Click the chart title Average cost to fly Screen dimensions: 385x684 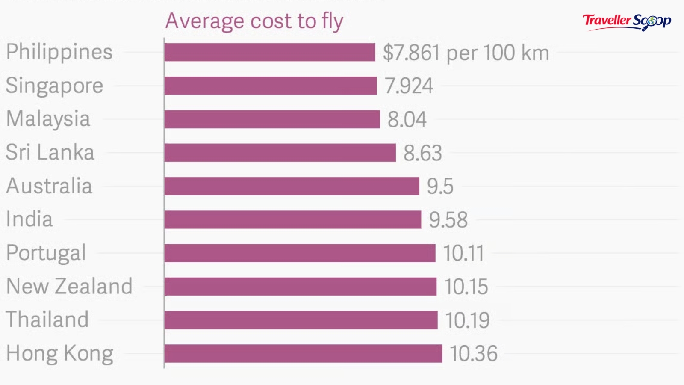(254, 21)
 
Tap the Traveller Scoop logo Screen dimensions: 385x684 (627, 21)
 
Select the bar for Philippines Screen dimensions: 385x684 (270, 52)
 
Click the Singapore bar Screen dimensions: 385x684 (271, 86)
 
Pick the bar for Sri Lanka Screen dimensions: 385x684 (280, 153)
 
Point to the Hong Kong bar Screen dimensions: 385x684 (303, 354)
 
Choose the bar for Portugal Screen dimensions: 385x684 (300, 253)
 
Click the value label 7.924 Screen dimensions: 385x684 (409, 86)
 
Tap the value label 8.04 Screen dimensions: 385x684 (407, 119)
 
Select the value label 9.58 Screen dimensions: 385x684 (448, 220)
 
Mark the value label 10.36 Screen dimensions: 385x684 (474, 354)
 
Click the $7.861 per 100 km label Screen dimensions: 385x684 (466, 53)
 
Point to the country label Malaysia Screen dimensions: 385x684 (48, 119)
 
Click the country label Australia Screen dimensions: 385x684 (49, 186)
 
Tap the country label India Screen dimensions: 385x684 (29, 219)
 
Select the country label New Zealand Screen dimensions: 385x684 (69, 286)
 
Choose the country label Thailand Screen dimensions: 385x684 (47, 320)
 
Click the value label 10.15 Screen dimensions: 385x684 (466, 287)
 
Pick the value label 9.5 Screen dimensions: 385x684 (440, 187)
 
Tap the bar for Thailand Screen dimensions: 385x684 (301, 320)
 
